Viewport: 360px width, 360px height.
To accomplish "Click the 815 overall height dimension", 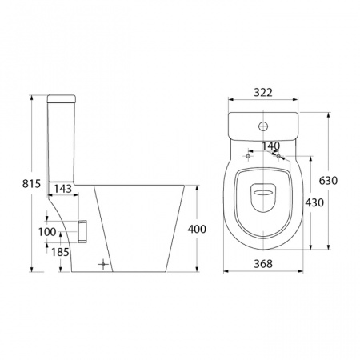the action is click(x=31, y=183).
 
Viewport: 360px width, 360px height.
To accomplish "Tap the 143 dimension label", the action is click(x=63, y=189).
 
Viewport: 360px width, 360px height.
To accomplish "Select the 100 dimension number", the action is click(x=47, y=232).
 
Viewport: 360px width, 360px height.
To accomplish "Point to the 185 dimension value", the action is click(x=60, y=252).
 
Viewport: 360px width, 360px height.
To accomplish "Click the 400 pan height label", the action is click(x=197, y=229).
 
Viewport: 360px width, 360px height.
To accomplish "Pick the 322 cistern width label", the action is click(x=263, y=93).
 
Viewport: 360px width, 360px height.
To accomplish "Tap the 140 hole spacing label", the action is click(x=270, y=146).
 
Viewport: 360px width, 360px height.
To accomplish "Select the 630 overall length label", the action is click(x=328, y=181).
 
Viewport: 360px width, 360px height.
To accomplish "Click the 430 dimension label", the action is click(x=314, y=202).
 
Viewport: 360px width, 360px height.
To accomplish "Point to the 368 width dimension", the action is click(x=263, y=264).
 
